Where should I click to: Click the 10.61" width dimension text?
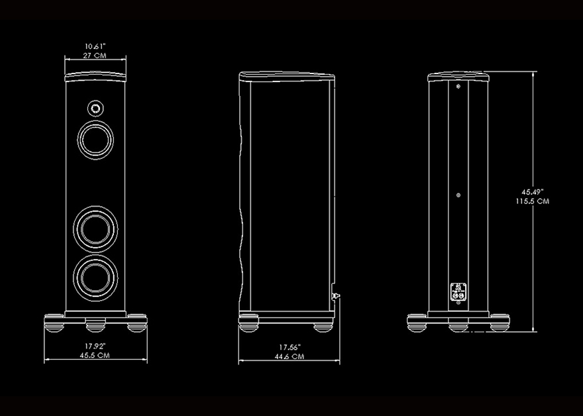[95, 46]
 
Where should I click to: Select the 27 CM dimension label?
[95, 56]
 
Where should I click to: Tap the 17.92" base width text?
[95, 346]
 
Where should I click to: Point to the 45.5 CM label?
[95, 356]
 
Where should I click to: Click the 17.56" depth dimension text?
[290, 347]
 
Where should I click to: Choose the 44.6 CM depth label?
[290, 356]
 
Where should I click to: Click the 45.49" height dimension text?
[533, 192]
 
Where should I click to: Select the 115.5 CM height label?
[533, 201]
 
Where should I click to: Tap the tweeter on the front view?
[95, 109]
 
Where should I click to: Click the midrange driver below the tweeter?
[95, 140]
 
